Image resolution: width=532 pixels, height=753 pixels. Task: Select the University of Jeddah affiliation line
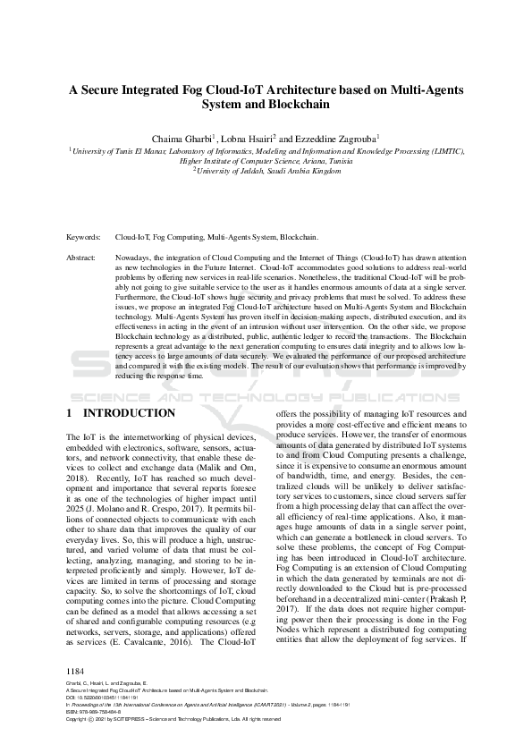(x=269, y=170)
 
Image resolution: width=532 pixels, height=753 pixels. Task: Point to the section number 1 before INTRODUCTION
(x=71, y=414)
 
